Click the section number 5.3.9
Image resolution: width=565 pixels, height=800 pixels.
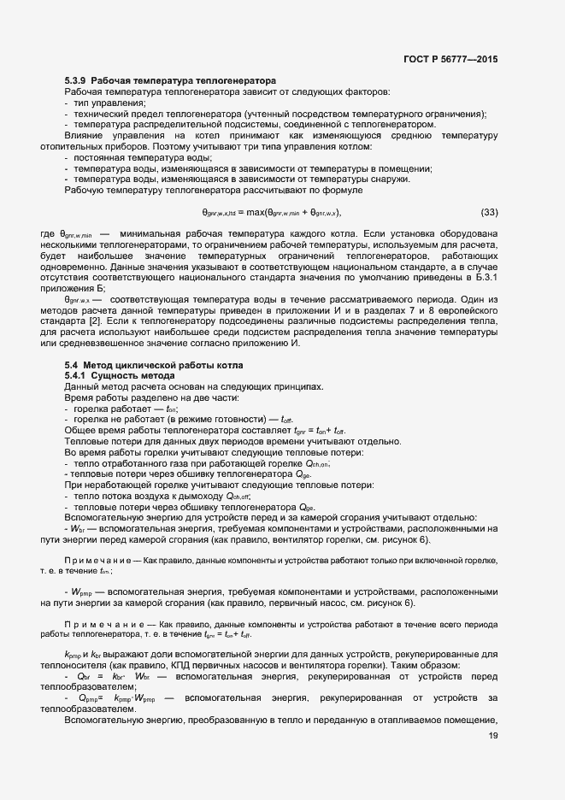click(x=76, y=80)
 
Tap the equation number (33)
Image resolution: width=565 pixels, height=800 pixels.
click(x=489, y=212)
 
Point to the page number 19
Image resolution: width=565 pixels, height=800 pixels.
click(x=492, y=736)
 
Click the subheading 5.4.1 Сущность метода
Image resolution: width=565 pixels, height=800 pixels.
click(x=120, y=377)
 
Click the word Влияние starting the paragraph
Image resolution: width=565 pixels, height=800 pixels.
click(x=85, y=136)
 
